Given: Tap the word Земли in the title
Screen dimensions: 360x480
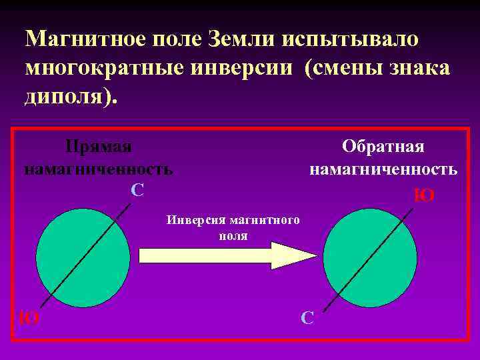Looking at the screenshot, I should click(x=237, y=38).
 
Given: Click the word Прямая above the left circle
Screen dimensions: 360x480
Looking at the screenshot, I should click(x=98, y=146).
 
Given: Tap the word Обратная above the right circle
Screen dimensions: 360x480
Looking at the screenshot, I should click(x=383, y=146).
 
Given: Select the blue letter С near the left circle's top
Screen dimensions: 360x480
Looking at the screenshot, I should click(x=137, y=191).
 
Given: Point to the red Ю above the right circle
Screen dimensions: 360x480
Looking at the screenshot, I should click(x=425, y=195).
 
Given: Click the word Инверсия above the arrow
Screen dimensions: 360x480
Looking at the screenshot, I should click(x=194, y=220).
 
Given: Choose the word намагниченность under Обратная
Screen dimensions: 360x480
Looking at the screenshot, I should click(x=383, y=169).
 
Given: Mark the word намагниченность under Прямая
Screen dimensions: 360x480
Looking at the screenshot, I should click(x=98, y=169).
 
